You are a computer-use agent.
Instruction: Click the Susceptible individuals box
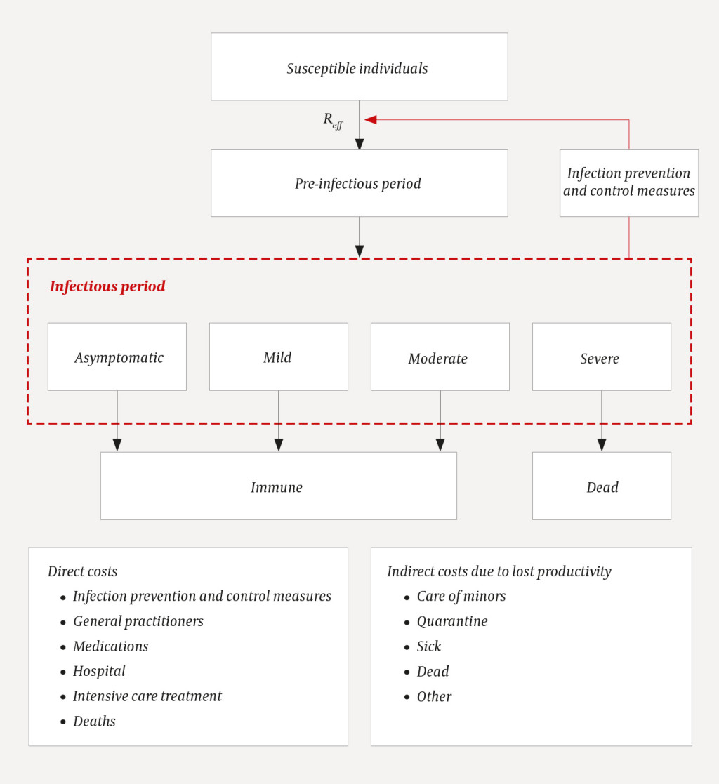click(x=359, y=67)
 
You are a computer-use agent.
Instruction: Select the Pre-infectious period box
click(x=359, y=183)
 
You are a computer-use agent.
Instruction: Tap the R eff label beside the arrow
click(x=333, y=120)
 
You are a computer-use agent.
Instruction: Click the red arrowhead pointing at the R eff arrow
click(x=371, y=119)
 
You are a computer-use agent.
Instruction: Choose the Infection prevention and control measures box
click(x=628, y=182)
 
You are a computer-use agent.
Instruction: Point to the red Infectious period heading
click(x=107, y=286)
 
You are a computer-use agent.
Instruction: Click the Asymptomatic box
click(x=117, y=357)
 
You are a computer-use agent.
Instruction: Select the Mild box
click(x=278, y=357)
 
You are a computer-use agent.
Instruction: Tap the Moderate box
click(x=440, y=357)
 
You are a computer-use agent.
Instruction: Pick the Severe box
click(x=601, y=357)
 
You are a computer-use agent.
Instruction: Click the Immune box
click(x=278, y=486)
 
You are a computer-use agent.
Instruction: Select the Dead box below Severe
click(x=601, y=486)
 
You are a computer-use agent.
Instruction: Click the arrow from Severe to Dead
click(x=602, y=421)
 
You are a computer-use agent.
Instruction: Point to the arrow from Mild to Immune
click(x=279, y=421)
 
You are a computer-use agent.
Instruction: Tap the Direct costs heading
click(x=83, y=571)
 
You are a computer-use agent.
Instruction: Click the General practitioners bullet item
click(x=138, y=621)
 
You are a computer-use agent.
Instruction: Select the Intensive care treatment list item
click(x=147, y=696)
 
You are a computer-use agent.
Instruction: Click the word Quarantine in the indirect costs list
click(x=451, y=621)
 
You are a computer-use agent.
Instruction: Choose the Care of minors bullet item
click(x=461, y=597)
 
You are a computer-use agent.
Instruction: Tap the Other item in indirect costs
click(x=434, y=696)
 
